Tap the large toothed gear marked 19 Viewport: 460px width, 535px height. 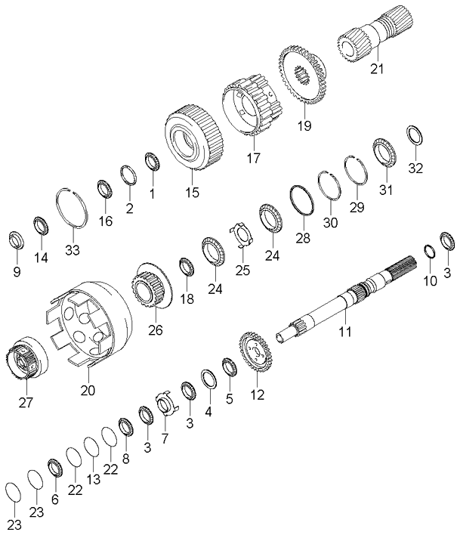303,75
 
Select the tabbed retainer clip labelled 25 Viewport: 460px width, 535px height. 241,235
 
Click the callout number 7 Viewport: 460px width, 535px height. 165,439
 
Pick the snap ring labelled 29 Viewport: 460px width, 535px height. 356,177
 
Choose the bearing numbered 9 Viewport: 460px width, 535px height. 14,240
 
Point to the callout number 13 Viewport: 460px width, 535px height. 94,480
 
